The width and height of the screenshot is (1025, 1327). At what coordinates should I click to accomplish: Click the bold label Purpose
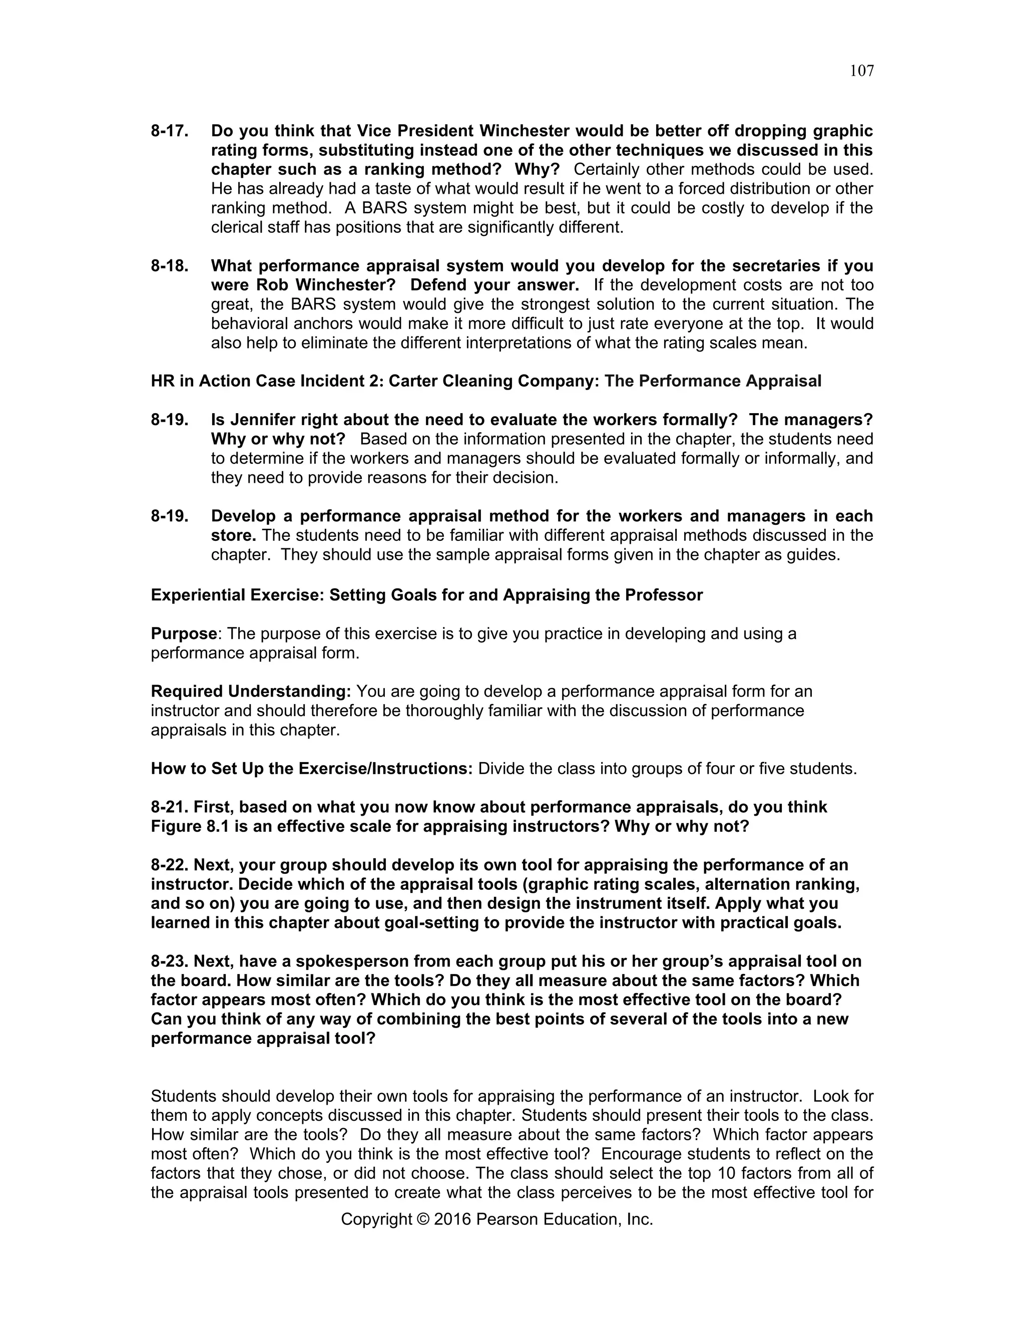pyautogui.click(x=183, y=634)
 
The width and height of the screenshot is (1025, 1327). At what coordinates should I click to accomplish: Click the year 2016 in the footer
pyautogui.click(x=452, y=1219)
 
